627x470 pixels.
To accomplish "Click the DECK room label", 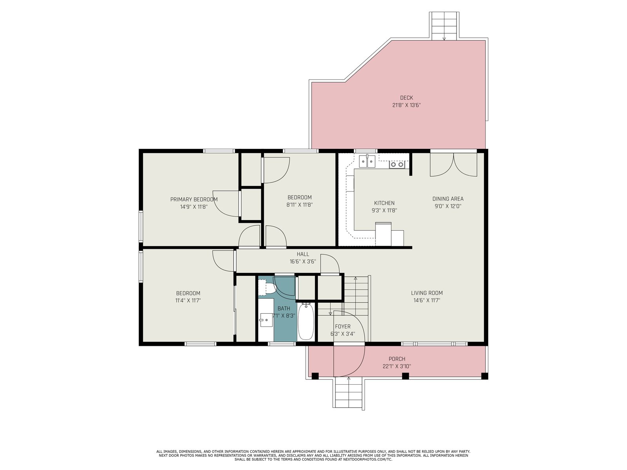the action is pos(406,98).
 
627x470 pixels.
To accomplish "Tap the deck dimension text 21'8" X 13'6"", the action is pos(406,105).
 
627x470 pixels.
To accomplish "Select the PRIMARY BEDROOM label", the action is pos(194,199).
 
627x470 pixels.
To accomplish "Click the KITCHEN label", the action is pos(384,203).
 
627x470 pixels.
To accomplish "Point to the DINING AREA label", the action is pos(448,199).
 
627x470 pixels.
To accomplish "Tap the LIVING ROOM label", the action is pos(427,293).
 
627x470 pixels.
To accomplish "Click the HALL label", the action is pos(303,254).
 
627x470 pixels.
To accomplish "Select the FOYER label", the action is pos(342,327).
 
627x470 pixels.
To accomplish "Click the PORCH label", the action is pos(397,359).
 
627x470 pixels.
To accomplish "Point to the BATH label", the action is pos(284,308).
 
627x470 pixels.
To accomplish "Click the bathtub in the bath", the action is pos(306,322).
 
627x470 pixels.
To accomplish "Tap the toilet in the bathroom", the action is pos(267,287).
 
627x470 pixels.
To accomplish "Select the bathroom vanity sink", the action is pos(266,320).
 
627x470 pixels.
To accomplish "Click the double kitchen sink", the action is pos(367,161).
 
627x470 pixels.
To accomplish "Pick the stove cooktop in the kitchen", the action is pos(397,164).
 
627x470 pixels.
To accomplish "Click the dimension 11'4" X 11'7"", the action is pos(188,300).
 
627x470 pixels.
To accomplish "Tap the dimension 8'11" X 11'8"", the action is pos(299,204).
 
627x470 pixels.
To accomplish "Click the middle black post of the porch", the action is pos(405,376).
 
